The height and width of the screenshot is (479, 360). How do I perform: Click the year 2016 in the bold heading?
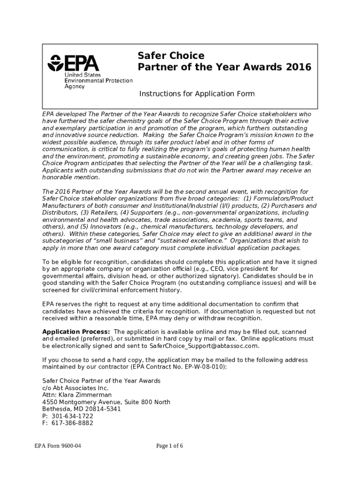click(x=297, y=67)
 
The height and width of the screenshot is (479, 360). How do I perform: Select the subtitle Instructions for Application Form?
click(x=197, y=94)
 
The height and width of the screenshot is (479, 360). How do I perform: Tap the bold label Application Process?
click(x=76, y=332)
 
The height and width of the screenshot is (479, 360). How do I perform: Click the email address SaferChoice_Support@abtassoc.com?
click(x=203, y=346)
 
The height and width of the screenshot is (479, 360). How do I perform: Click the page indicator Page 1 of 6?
click(x=170, y=446)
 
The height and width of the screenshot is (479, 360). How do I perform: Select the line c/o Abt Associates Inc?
click(x=75, y=388)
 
